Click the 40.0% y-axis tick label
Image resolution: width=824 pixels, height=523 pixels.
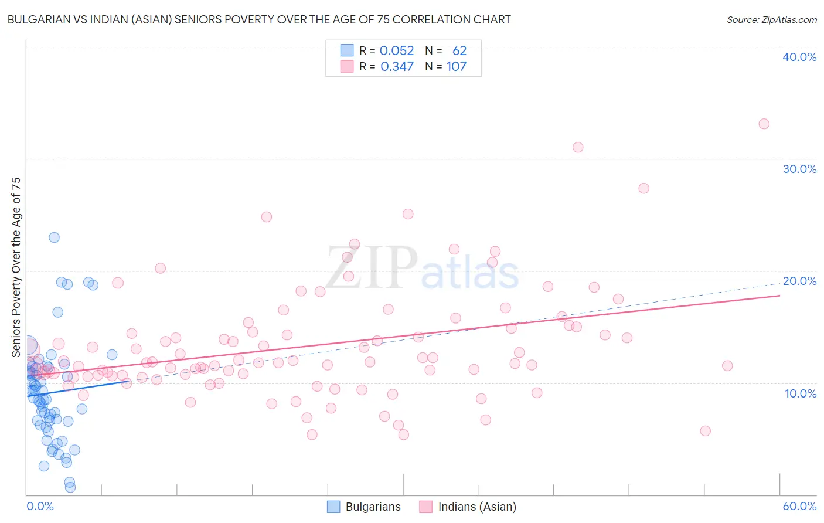point(799,57)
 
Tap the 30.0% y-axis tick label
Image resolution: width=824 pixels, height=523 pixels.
point(799,169)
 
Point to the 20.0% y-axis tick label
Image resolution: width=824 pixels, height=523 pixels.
point(799,281)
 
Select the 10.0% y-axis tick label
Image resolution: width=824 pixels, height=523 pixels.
point(800,393)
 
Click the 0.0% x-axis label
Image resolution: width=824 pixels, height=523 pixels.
point(40,506)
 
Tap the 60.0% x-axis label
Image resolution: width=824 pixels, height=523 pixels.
point(799,506)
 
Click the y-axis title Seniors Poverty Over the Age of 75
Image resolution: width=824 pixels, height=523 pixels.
point(16,267)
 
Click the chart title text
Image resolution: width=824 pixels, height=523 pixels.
point(259,19)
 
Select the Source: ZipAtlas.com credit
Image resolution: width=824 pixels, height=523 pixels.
point(771,19)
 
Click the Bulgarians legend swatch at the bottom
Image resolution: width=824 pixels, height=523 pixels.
point(333,507)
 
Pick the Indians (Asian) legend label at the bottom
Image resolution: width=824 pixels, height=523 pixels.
point(477,507)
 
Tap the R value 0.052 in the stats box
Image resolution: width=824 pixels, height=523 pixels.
point(397,50)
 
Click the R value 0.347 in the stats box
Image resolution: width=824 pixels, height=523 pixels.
point(397,66)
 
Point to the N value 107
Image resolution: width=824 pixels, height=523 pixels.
point(456,66)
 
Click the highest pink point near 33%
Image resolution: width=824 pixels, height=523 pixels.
point(764,124)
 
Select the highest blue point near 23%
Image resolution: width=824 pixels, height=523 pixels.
point(54,237)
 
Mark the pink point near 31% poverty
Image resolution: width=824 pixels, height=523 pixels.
point(578,147)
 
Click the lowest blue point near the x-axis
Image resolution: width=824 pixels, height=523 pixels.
point(70,487)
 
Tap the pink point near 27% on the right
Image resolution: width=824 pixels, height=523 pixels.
point(643,188)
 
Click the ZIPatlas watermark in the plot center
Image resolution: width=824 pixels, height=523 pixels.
point(422,268)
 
